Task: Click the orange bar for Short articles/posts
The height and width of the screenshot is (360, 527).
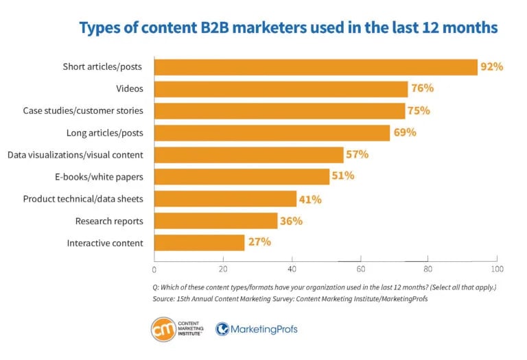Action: [x=316, y=67]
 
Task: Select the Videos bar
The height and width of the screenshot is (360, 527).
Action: [x=281, y=88]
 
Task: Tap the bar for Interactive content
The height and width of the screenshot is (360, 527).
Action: [x=199, y=242]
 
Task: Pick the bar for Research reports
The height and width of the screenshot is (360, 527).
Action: [x=215, y=220]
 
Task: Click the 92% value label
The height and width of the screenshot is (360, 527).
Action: [x=491, y=67]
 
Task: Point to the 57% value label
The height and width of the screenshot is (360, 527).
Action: [x=356, y=154]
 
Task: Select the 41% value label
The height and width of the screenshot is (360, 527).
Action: [x=309, y=198]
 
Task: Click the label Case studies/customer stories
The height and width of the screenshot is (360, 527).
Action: [x=83, y=110]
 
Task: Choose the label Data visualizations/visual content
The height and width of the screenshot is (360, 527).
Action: [x=75, y=155]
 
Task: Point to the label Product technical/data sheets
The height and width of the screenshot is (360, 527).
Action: [x=83, y=199]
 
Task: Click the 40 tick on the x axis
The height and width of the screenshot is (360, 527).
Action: [x=292, y=269]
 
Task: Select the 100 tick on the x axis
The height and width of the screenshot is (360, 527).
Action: [x=496, y=269]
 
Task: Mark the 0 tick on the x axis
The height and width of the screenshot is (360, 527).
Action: [x=154, y=269]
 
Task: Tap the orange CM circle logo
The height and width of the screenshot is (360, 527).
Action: [x=163, y=329]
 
